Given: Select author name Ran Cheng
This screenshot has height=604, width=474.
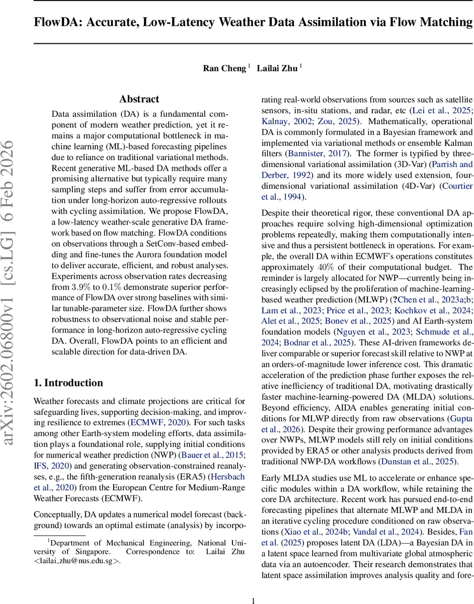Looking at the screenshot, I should [x=224, y=68].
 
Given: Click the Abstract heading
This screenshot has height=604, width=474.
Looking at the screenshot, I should [x=139, y=99].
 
